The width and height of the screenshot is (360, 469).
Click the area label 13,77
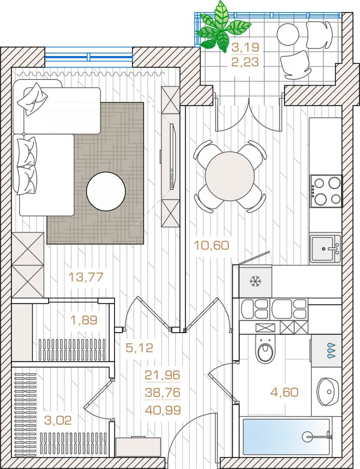click(86, 277)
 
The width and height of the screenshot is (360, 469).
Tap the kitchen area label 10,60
click(211, 245)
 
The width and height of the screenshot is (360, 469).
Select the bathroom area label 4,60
click(284, 392)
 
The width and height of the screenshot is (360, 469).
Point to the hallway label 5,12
click(139, 348)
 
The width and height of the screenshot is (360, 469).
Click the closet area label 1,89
click(84, 320)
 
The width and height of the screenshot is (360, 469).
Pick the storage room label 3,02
click(58, 420)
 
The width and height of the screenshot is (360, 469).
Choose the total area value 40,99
click(163, 410)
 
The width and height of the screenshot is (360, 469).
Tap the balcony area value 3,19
click(245, 47)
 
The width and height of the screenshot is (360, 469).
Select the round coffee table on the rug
click(106, 192)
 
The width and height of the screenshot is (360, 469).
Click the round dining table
click(230, 176)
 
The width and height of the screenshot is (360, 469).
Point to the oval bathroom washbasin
click(328, 392)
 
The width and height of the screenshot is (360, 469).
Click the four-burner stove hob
click(326, 191)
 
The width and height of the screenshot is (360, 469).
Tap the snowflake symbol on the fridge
click(256, 281)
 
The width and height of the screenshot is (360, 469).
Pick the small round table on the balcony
click(288, 34)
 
